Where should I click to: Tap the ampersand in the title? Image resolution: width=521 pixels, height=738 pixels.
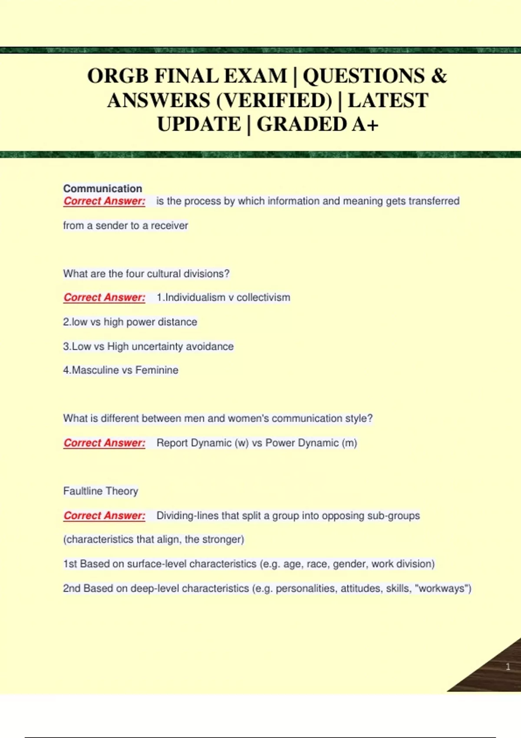pyautogui.click(x=439, y=76)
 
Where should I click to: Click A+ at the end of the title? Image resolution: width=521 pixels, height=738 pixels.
pyautogui.click(x=365, y=125)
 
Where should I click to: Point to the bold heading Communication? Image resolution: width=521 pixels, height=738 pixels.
pyautogui.click(x=102, y=188)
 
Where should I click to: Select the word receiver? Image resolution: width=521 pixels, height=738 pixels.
pyautogui.click(x=169, y=226)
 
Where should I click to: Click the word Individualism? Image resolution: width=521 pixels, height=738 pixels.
pyautogui.click(x=195, y=298)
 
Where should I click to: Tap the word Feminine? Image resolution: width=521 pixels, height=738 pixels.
pyautogui.click(x=157, y=370)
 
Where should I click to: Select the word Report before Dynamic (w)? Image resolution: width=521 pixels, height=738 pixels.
pyautogui.click(x=172, y=443)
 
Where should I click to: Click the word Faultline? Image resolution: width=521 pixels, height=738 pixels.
pyautogui.click(x=83, y=491)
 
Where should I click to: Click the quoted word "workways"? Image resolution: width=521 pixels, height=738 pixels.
pyautogui.click(x=442, y=589)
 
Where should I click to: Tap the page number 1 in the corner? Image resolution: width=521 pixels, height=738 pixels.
pyautogui.click(x=508, y=667)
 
